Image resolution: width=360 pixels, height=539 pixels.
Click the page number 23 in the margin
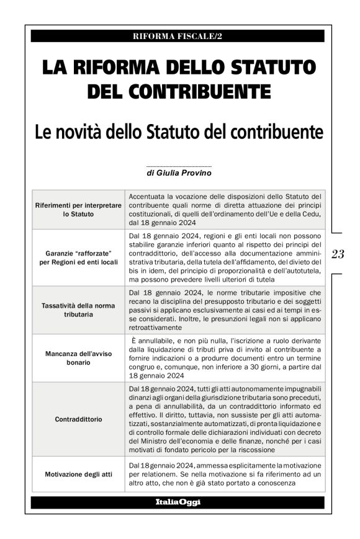point(339,254)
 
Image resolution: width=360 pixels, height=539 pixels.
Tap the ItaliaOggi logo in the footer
point(178,502)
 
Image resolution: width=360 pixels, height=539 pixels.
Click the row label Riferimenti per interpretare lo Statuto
point(78,210)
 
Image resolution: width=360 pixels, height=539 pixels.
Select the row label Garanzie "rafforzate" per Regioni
point(78,257)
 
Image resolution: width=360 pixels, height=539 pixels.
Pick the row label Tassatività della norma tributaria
point(78,310)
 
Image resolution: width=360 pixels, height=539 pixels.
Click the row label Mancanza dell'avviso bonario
point(78,358)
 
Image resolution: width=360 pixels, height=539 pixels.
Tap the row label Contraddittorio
point(78,419)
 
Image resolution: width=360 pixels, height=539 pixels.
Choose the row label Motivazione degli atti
point(78,474)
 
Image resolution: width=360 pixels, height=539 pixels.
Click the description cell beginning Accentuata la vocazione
point(224,210)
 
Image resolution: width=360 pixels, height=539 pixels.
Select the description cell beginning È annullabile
point(224,358)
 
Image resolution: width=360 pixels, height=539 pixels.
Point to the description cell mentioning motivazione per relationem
point(224,474)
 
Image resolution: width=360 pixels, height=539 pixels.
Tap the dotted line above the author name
point(179,166)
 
